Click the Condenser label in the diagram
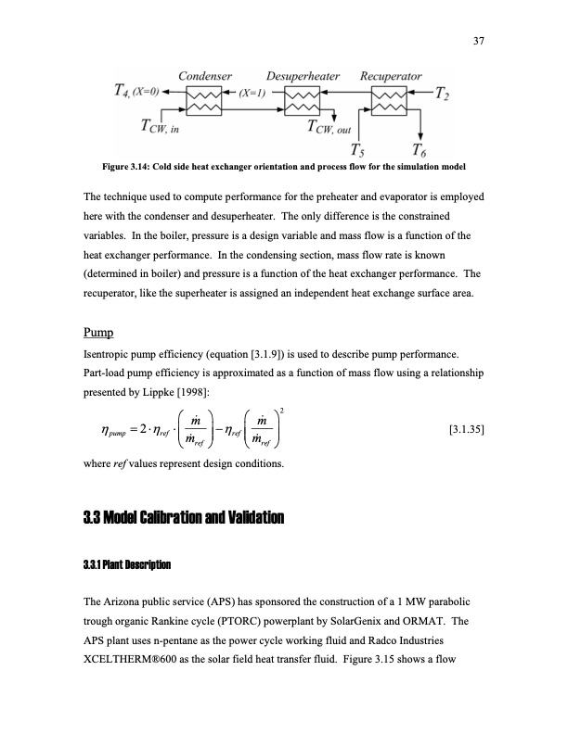coord(205,75)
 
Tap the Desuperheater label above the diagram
coord(303,75)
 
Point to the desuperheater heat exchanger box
coord(301,96)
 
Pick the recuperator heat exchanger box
coord(390,96)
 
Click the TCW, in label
coord(163,126)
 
